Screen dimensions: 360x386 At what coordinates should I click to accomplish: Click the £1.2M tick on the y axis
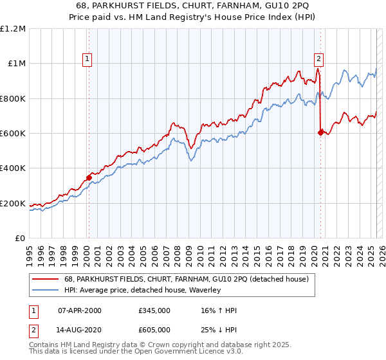13,28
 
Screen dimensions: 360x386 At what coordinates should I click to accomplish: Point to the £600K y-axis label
13,134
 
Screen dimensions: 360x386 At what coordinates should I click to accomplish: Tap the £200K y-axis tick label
13,204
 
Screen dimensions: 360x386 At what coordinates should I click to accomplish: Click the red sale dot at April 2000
89,178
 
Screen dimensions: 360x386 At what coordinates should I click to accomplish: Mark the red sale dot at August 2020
320,132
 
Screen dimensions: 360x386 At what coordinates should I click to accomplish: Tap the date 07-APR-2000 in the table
80,310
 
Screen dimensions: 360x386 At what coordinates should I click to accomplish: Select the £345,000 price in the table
154,310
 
